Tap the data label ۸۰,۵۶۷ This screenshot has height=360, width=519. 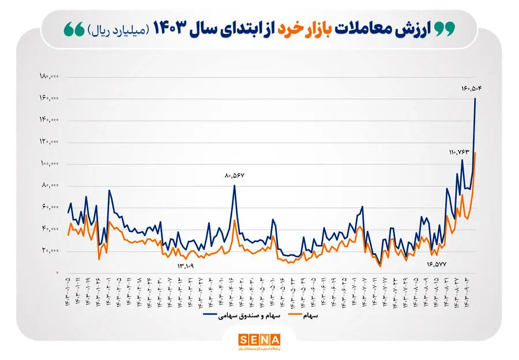tap(235, 175)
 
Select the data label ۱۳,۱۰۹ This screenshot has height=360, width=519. tap(185, 266)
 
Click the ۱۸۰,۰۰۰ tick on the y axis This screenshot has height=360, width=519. tap(50, 77)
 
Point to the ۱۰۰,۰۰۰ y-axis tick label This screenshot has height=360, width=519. tap(50, 164)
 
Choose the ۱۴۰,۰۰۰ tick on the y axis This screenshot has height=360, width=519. tap(50, 120)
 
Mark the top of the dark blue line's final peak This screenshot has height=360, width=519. tap(475, 99)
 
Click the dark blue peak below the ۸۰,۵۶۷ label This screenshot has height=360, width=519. tap(235, 185)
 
